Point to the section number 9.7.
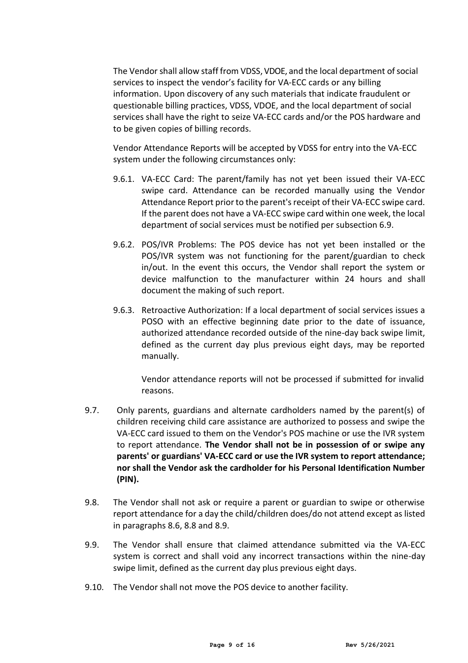(x=92, y=410)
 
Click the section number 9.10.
(x=94, y=587)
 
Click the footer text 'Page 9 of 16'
(x=232, y=645)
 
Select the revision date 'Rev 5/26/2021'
(x=370, y=645)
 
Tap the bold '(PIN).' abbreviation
(x=128, y=479)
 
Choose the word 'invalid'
(x=411, y=379)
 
